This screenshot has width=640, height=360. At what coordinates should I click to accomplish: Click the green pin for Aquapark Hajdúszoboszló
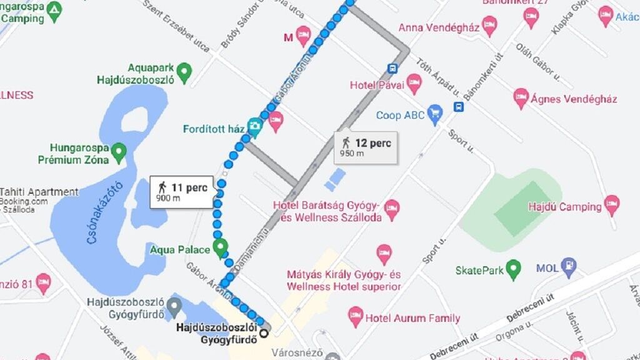click(183, 72)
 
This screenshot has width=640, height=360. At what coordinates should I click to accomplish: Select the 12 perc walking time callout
click(366, 147)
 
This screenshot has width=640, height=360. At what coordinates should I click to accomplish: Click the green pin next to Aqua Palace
click(220, 248)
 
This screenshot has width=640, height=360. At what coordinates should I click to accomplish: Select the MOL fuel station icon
click(568, 267)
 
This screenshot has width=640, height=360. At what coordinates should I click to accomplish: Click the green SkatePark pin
click(513, 269)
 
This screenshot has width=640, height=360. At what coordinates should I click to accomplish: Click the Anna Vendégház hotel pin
click(489, 26)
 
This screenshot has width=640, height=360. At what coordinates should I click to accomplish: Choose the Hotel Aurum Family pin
click(356, 316)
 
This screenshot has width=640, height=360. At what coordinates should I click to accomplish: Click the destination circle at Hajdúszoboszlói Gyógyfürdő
click(264, 333)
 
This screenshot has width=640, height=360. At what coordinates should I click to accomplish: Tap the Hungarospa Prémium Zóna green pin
click(118, 150)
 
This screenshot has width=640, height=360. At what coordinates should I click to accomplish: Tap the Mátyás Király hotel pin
click(384, 253)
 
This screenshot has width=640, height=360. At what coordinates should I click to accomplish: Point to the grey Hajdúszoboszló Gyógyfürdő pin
click(174, 306)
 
